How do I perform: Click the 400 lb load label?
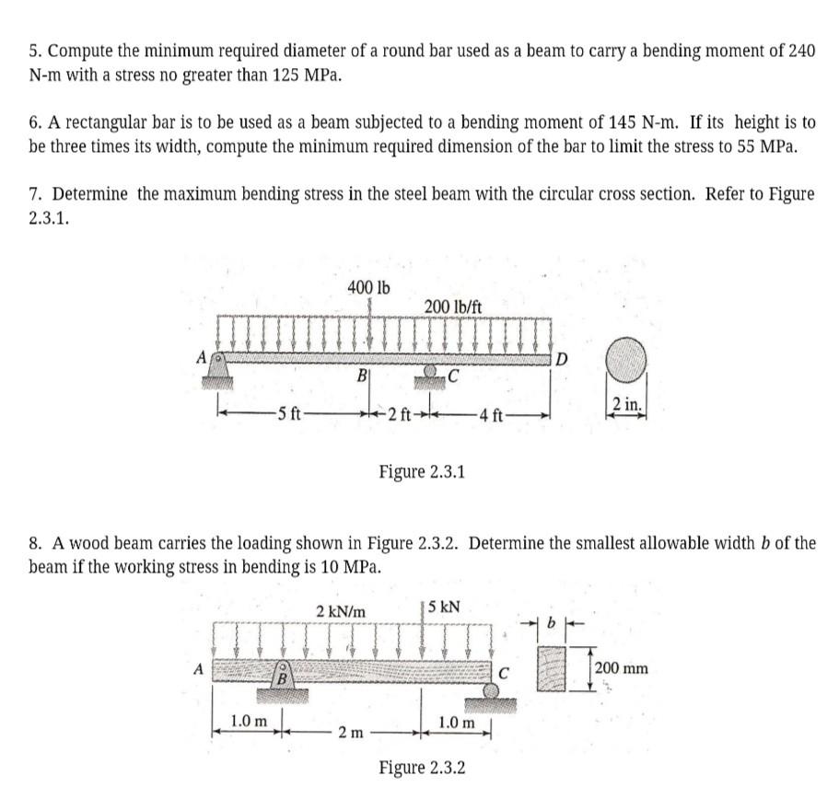(368, 287)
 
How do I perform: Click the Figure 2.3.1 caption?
(422, 472)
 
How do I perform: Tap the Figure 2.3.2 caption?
(422, 767)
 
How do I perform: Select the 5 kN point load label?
(445, 608)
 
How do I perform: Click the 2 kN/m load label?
(340, 610)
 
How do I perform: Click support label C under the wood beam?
(503, 672)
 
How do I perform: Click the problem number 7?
(35, 195)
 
